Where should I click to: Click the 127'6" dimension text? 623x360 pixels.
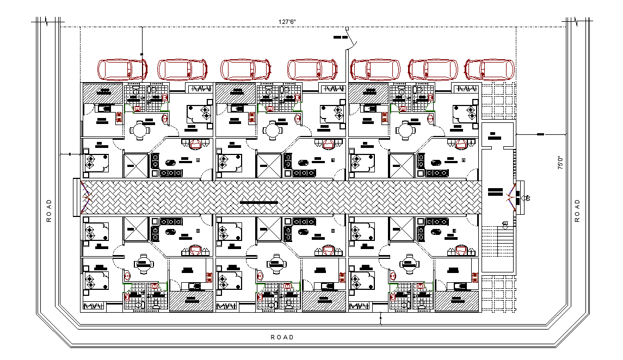(287, 22)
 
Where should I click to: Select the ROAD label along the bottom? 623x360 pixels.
(282, 337)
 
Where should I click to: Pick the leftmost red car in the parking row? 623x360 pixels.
(122, 70)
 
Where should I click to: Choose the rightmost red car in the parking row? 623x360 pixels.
(490, 70)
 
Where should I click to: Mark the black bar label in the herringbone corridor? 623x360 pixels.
(258, 203)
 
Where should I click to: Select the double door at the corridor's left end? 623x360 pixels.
(85, 196)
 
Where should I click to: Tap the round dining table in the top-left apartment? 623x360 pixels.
(139, 131)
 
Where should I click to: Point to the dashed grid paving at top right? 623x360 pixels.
(498, 102)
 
